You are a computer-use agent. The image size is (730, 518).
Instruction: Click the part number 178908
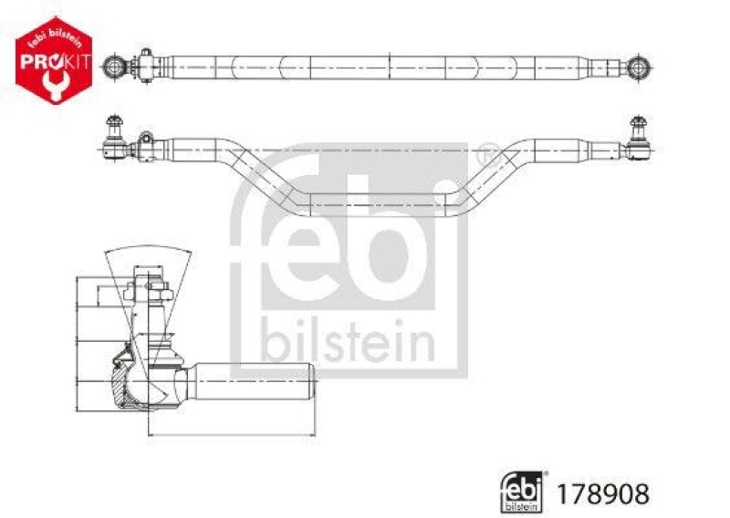pyautogui.click(x=611, y=493)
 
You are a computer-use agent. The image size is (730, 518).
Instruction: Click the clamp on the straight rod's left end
pyautogui.click(x=144, y=66)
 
